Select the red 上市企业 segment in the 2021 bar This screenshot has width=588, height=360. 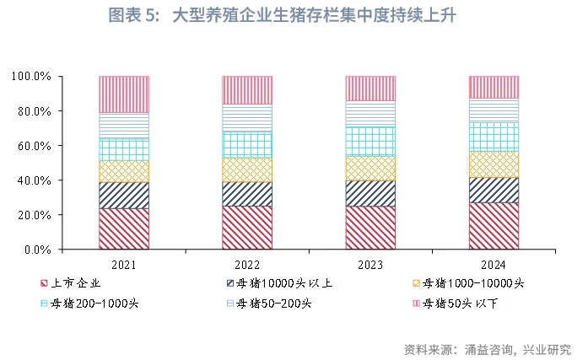point(124,228)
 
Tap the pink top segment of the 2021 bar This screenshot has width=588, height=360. point(124,94)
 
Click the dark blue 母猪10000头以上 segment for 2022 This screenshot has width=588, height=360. point(247,194)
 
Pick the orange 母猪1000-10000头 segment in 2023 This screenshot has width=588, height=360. point(370,169)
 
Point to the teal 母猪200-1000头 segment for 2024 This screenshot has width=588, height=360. point(494,137)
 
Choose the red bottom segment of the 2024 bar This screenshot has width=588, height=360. point(494,226)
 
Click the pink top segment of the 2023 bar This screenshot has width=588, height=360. point(370,89)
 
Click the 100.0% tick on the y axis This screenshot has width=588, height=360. point(32,77)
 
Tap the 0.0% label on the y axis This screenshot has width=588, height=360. point(38,250)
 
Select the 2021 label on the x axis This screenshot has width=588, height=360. point(124,265)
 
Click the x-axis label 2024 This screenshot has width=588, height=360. point(494,265)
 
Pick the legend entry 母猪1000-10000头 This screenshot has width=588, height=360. point(473,282)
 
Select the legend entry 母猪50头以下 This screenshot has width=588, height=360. point(460,303)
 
